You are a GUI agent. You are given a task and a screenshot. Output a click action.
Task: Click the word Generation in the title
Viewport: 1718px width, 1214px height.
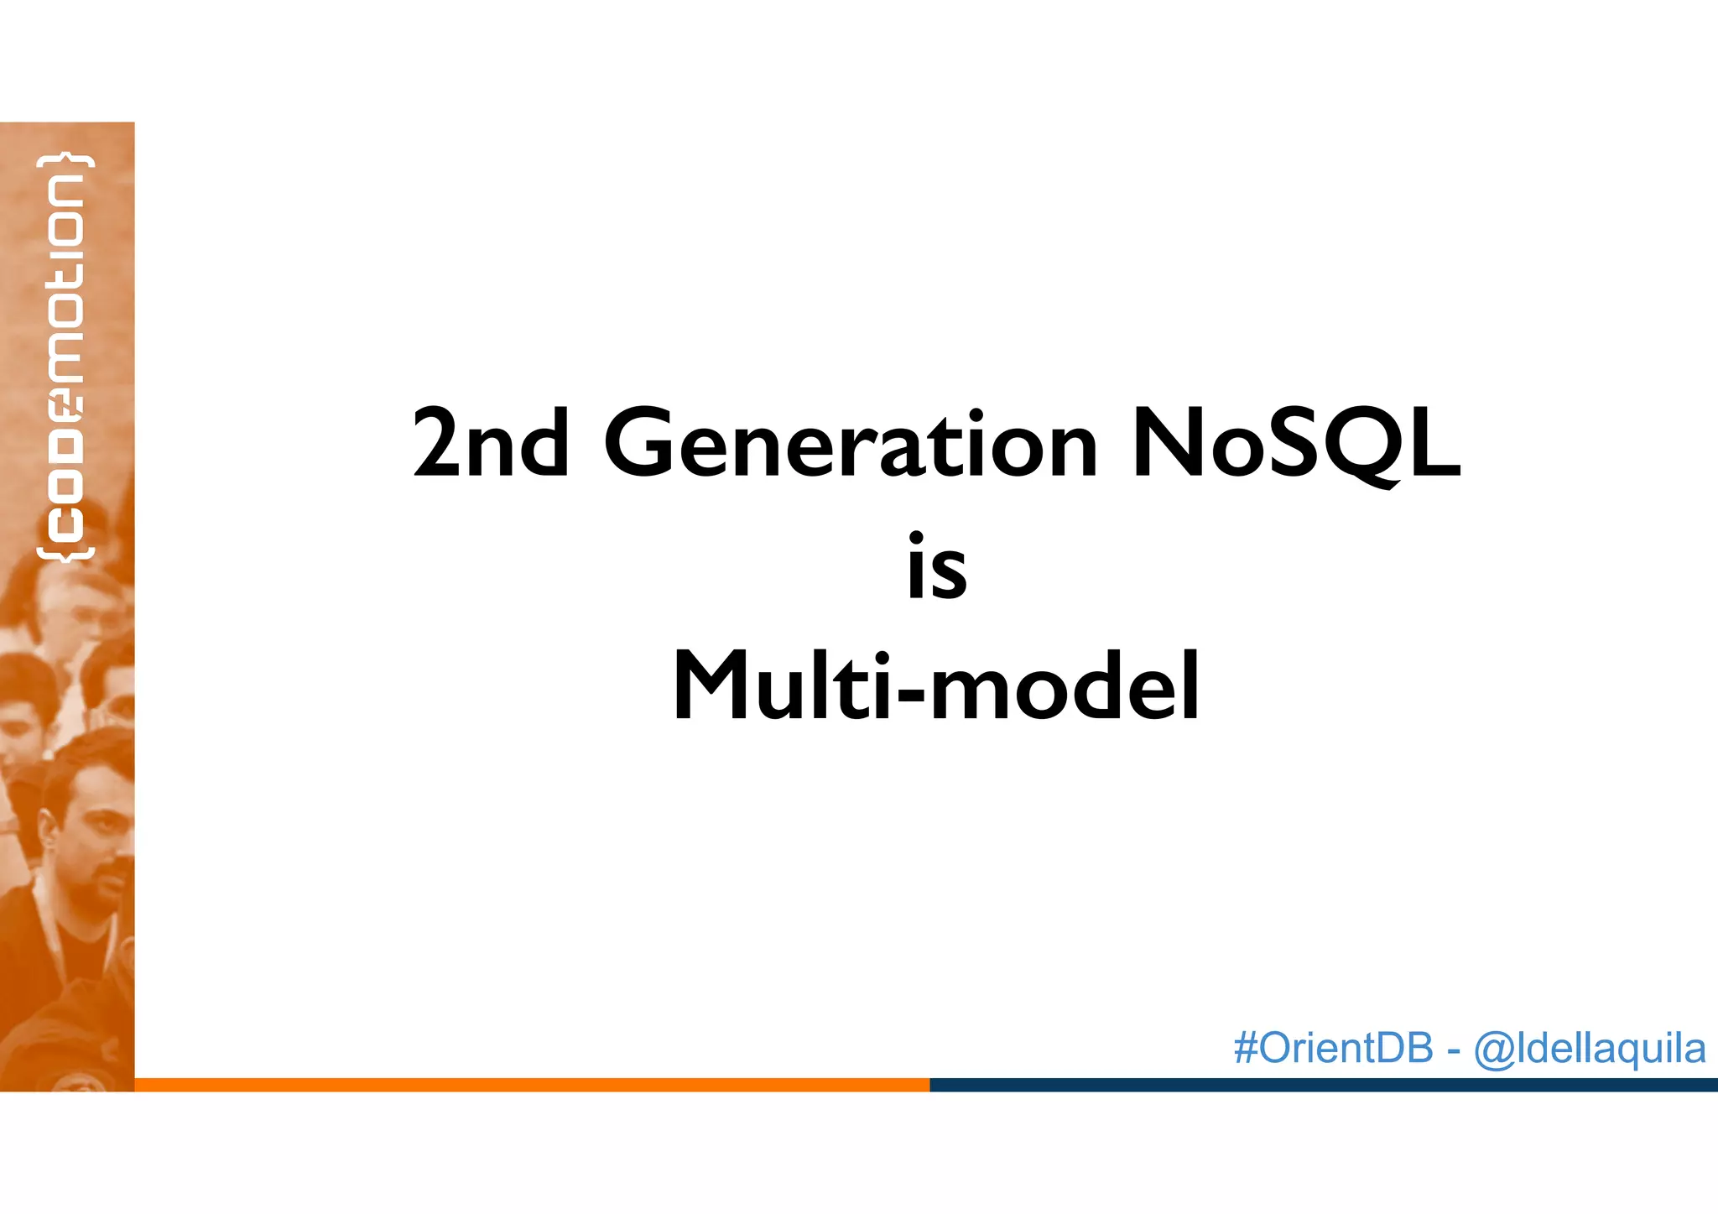point(850,444)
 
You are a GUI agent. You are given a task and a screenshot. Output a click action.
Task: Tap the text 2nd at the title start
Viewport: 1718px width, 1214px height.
point(491,444)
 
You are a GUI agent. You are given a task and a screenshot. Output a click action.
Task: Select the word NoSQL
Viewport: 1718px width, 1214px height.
point(1295,444)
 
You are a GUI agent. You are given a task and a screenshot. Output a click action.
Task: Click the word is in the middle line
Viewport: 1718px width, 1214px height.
point(937,567)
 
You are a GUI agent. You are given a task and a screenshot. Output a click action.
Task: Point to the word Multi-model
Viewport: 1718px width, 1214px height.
point(935,685)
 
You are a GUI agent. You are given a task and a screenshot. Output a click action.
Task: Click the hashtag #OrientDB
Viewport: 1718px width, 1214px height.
point(1333,1048)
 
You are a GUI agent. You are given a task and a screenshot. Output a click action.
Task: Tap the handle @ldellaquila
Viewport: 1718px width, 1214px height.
point(1589,1049)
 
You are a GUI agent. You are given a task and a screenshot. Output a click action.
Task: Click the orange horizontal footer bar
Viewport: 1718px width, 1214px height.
point(532,1085)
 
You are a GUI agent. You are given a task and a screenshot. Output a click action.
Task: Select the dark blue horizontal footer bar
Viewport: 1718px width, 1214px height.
point(1323,1085)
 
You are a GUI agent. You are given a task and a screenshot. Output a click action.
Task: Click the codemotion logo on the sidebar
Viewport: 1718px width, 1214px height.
point(65,357)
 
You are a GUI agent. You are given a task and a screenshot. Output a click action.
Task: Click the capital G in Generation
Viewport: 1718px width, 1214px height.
point(643,444)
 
